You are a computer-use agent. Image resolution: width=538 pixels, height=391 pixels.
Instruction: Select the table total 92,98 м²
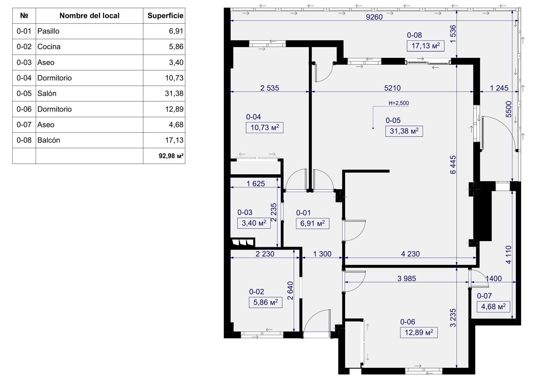click(171, 156)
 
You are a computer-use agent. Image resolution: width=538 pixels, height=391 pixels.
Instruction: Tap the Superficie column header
click(165, 15)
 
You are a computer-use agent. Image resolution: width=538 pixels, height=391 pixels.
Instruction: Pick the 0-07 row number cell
click(24, 125)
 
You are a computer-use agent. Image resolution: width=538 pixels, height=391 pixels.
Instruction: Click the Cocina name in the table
click(49, 47)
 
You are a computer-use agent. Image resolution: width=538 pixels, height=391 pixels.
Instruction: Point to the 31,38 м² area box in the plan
click(404, 131)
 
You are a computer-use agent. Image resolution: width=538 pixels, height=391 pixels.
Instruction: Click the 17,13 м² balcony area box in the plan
click(426, 46)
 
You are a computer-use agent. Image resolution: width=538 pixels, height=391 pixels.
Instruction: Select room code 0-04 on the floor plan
click(254, 117)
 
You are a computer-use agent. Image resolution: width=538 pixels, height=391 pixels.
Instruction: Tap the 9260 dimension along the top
click(374, 17)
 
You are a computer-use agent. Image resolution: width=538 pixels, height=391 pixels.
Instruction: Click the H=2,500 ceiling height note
click(399, 103)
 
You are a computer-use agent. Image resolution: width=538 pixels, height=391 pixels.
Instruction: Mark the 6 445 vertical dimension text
click(453, 165)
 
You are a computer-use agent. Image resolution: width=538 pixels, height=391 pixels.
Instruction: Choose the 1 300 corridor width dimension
click(322, 254)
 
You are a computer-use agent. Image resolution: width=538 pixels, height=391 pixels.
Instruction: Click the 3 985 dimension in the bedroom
click(407, 278)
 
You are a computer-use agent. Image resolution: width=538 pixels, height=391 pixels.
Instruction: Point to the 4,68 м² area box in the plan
click(493, 307)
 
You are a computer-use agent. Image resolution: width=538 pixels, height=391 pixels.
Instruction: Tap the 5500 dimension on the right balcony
click(509, 109)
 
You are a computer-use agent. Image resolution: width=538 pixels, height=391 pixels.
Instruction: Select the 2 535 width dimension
click(269, 88)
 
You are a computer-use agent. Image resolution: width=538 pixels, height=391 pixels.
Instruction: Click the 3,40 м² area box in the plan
click(254, 223)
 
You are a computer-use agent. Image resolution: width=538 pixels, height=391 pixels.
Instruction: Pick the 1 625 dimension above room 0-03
click(256, 184)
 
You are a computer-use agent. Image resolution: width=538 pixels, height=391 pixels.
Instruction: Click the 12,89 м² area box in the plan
click(419, 333)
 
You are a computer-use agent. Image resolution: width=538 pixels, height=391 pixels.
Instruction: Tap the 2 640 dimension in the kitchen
click(291, 290)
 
